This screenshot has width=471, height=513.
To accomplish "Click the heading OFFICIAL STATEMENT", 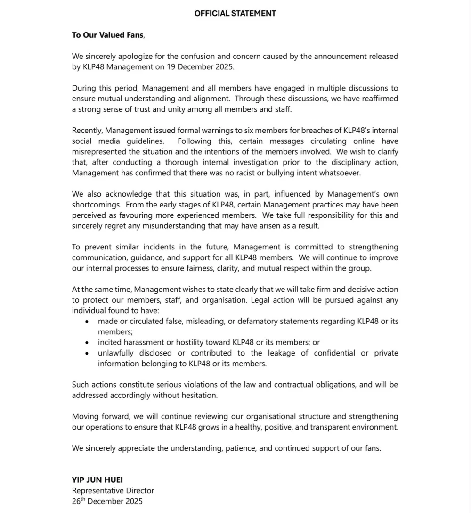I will point(235,13).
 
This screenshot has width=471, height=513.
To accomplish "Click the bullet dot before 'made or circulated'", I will point(87,322).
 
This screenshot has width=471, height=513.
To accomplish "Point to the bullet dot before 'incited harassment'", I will point(87,343).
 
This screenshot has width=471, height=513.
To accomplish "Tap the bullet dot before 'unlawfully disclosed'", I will point(87,353).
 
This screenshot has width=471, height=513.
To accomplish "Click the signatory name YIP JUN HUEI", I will point(97,480).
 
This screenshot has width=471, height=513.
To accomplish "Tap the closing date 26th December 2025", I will point(107,501).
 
